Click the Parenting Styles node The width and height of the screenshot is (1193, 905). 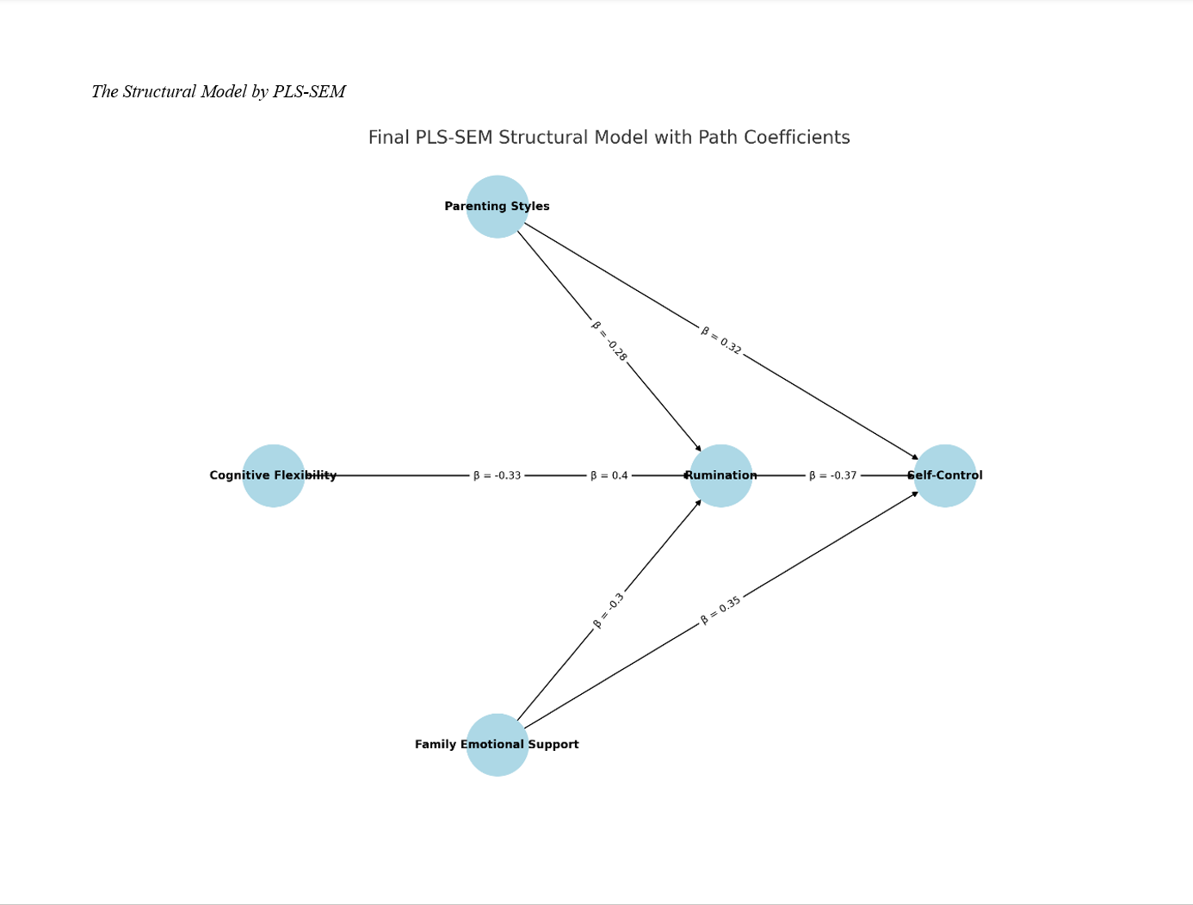497,207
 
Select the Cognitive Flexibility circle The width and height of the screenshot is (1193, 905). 273,475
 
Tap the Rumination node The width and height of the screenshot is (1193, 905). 720,475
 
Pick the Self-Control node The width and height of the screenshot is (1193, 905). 944,475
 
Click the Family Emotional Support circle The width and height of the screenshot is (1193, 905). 497,745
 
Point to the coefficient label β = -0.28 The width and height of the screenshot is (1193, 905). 609,340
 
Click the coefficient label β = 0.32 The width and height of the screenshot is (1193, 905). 720,340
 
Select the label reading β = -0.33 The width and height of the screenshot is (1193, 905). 497,475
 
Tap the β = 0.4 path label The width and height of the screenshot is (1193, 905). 609,475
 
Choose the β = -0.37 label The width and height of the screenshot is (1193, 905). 832,475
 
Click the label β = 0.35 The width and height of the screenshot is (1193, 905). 720,611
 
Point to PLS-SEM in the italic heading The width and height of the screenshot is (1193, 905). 309,92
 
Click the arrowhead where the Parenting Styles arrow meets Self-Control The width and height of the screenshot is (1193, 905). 915,457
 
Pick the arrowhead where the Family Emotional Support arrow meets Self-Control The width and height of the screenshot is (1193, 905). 915,493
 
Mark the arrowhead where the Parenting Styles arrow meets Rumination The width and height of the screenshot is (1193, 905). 698,449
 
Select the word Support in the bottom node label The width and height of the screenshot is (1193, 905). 553,745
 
